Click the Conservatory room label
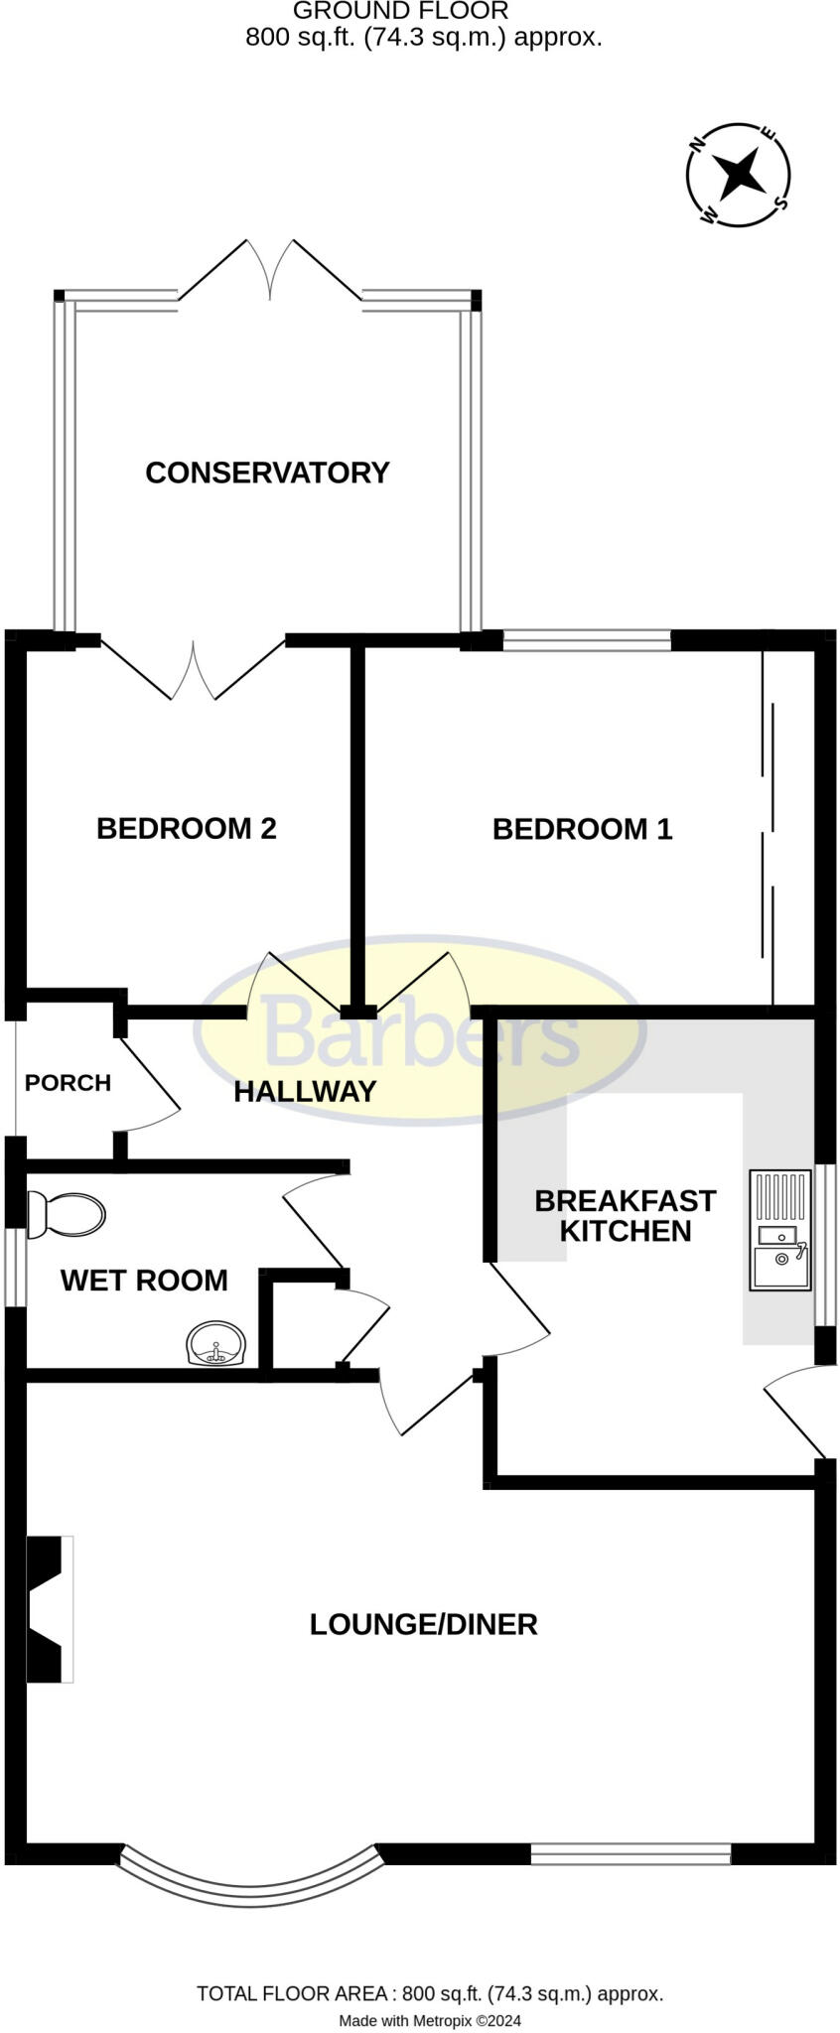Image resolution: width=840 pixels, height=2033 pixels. click(267, 473)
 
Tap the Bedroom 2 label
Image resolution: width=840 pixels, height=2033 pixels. click(186, 828)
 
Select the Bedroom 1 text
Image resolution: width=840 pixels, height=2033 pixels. click(582, 829)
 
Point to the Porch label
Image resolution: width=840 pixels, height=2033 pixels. click(68, 1082)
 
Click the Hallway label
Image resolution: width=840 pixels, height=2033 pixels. click(305, 1092)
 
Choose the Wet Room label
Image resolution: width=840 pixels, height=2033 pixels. click(144, 1281)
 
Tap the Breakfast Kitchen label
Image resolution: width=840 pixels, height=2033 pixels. click(625, 1216)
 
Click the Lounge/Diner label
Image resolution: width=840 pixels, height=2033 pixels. click(423, 1624)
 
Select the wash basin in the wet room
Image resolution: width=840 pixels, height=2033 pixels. click(215, 1344)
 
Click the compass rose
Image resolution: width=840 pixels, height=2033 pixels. click(739, 175)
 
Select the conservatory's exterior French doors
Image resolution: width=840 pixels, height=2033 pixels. click(270, 270)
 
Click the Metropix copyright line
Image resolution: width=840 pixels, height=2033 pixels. click(429, 2020)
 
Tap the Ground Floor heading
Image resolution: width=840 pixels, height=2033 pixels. click(400, 11)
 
